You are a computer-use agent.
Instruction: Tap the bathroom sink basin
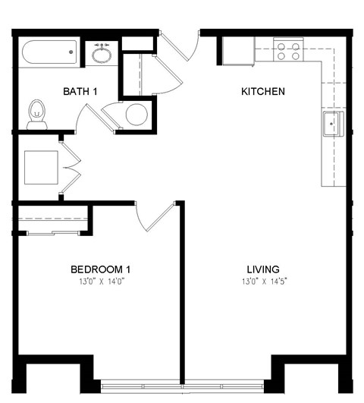click(x=102, y=55)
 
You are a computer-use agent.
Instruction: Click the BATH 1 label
click(x=80, y=92)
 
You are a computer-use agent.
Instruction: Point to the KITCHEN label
click(x=262, y=92)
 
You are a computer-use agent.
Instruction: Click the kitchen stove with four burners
click(x=288, y=51)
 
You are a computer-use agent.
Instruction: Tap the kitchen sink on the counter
click(x=333, y=124)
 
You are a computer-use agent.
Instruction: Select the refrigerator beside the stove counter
click(x=238, y=51)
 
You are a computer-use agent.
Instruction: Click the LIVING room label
click(x=263, y=269)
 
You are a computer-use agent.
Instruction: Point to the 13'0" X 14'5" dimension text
click(x=263, y=281)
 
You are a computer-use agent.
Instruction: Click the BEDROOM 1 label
click(x=101, y=269)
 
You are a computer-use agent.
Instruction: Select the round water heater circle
click(x=136, y=115)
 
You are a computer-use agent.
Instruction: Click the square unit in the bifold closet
click(x=41, y=168)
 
